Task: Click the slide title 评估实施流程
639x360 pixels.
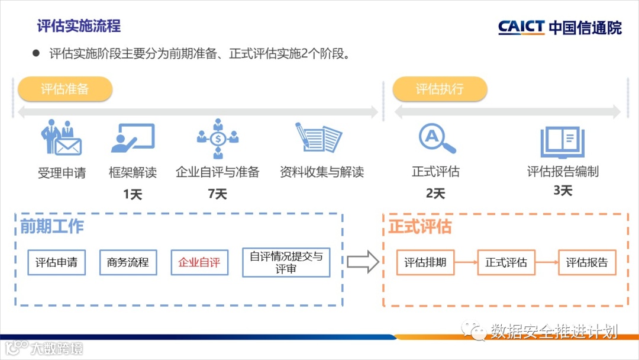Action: click(x=79, y=26)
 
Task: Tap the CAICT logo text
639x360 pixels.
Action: click(x=521, y=27)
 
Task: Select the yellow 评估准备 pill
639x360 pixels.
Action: click(x=65, y=89)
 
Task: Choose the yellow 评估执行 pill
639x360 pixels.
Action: click(x=440, y=89)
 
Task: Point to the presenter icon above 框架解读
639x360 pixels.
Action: click(x=133, y=138)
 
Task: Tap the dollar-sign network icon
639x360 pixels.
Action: click(x=218, y=139)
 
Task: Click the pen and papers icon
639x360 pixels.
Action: click(x=319, y=138)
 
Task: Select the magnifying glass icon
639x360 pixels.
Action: click(x=437, y=138)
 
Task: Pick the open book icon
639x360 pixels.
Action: click(x=562, y=141)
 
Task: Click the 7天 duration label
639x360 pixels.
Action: click(x=218, y=194)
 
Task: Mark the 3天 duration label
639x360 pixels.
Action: click(x=563, y=191)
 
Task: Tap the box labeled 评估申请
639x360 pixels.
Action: click(x=57, y=262)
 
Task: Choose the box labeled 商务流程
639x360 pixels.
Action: click(x=128, y=262)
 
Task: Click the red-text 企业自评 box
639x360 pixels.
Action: click(x=199, y=262)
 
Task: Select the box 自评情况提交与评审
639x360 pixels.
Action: click(x=286, y=262)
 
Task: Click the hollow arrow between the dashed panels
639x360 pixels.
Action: click(x=363, y=262)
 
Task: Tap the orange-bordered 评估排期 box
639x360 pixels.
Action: click(x=425, y=262)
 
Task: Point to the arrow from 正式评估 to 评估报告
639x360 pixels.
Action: click(x=547, y=262)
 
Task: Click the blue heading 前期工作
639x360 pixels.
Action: click(x=52, y=227)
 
